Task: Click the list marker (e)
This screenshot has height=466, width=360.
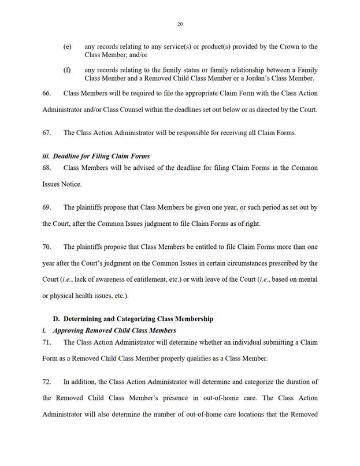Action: click(x=68, y=46)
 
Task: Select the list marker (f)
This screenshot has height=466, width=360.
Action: click(x=67, y=69)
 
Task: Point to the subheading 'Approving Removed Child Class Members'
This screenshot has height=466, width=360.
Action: click(x=114, y=330)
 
